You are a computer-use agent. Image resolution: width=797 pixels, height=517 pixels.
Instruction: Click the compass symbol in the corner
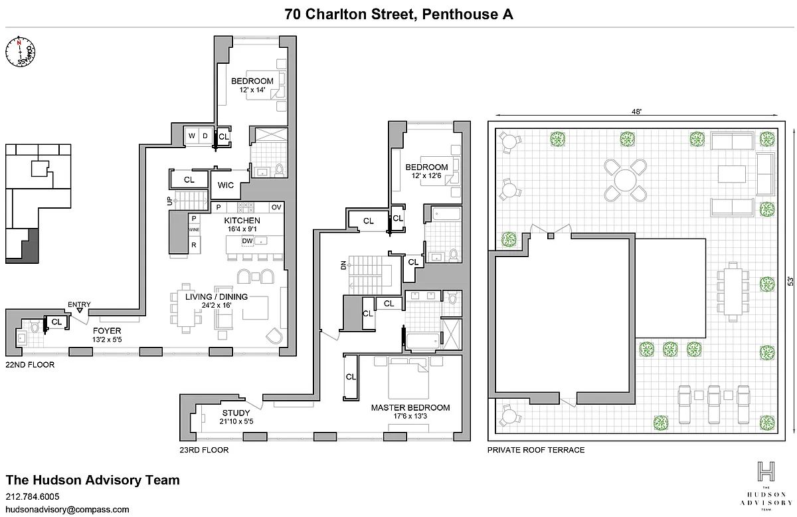21,52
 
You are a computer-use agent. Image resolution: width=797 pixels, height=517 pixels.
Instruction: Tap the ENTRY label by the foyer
79,305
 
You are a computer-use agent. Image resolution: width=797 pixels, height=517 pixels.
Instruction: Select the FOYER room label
106,330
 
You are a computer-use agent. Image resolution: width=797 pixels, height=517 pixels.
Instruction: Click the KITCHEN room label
242,221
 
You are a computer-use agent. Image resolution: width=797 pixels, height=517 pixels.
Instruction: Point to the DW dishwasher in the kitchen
247,241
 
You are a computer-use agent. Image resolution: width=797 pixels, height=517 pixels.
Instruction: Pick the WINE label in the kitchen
194,230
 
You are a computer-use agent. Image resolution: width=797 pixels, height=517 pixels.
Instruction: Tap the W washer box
191,136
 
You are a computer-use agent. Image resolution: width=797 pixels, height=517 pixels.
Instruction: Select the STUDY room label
236,413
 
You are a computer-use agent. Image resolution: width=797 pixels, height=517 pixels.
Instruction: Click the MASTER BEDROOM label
410,408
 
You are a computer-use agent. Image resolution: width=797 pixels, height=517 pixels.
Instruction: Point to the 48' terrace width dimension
636,112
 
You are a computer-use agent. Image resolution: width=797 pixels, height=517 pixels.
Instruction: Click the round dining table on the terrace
625,179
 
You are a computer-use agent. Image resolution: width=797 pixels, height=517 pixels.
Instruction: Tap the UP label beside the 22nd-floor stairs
169,200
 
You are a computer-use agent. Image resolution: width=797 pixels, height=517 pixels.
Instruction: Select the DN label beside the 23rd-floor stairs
343,266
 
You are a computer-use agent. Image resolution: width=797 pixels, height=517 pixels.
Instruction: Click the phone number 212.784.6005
33,496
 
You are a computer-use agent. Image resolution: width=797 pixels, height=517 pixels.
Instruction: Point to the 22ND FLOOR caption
30,365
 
